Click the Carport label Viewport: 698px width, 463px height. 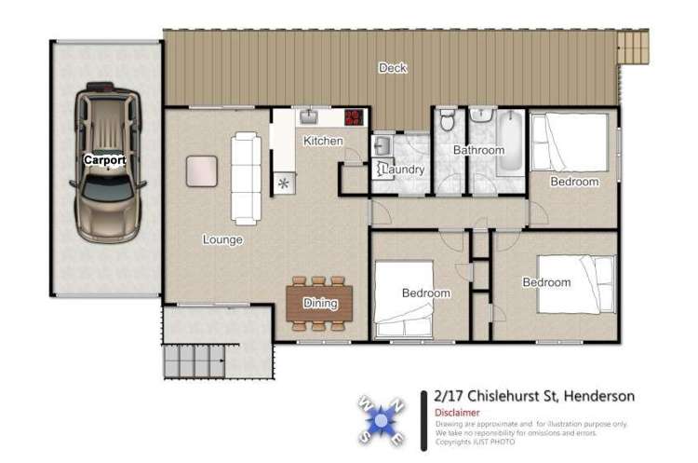(105, 160)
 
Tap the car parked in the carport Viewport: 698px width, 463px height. (108, 162)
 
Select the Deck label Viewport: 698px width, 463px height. (393, 68)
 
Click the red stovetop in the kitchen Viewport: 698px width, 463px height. (355, 117)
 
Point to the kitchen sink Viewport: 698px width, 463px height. (308, 116)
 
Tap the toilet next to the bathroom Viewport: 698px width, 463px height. (447, 119)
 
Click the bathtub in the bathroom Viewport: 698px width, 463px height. (510, 141)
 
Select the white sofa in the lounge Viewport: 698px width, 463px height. (246, 178)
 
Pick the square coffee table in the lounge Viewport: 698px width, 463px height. (202, 171)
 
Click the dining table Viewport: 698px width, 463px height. (319, 304)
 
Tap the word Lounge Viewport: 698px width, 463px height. (222, 239)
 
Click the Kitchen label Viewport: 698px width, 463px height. (323, 141)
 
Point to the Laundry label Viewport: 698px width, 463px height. (403, 170)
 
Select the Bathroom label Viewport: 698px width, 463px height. (479, 150)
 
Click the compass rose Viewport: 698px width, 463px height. (382, 420)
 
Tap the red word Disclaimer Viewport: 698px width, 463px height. (457, 413)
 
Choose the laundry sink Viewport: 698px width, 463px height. (382, 145)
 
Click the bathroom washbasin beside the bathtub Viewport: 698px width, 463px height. (481, 115)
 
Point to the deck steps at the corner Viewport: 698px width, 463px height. (633, 47)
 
